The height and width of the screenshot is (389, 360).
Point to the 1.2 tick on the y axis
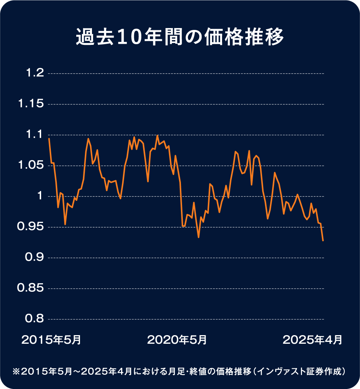tap(34, 73)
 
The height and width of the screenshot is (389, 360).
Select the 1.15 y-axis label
tap(31, 104)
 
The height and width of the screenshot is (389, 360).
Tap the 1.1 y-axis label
tap(34, 135)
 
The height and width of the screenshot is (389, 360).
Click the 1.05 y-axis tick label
tap(31, 165)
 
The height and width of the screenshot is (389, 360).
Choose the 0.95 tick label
tap(31, 227)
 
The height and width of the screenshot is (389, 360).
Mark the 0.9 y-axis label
tap(34, 258)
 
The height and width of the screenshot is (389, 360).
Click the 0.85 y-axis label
tap(31, 288)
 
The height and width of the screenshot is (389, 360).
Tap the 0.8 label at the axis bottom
tap(34, 319)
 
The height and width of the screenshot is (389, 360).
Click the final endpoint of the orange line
tap(323, 241)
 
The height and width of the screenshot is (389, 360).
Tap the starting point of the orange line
tap(49, 139)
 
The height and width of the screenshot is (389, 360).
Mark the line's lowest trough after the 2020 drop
tap(199, 237)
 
